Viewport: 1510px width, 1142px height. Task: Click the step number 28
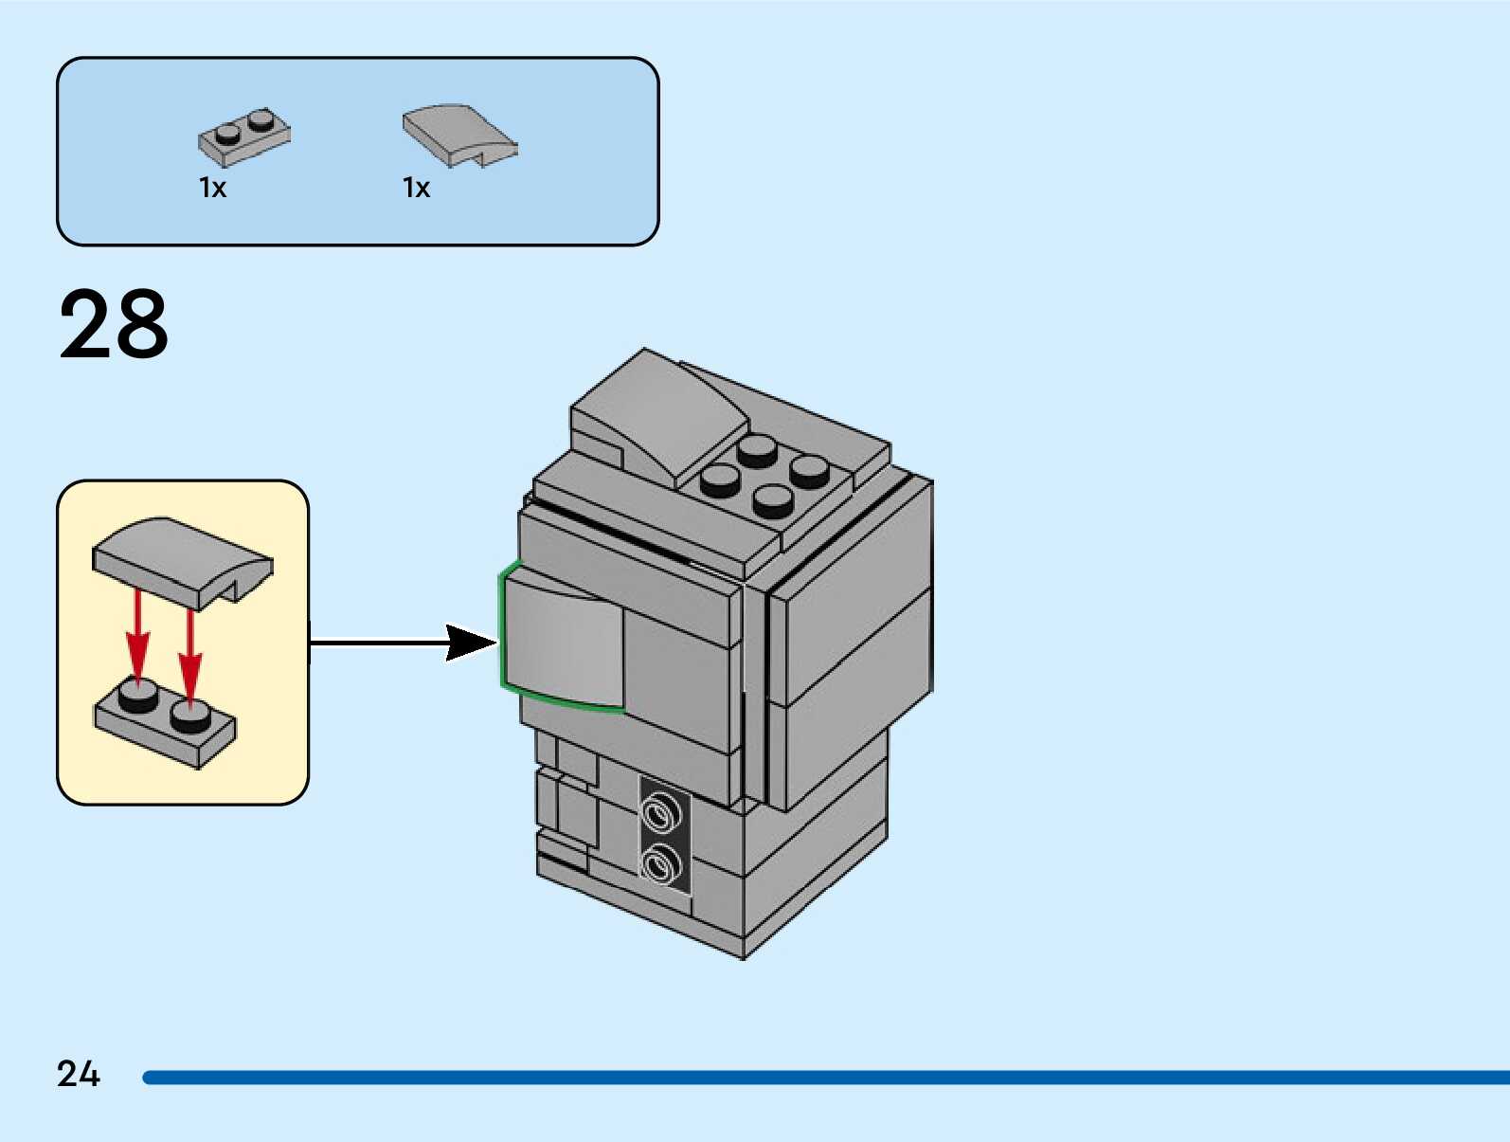tap(114, 324)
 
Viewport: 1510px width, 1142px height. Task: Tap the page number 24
tap(78, 1074)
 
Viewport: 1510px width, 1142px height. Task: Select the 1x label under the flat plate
tap(212, 188)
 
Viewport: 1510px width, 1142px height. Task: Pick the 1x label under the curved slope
tap(416, 188)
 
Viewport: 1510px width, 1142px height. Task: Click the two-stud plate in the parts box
tap(243, 137)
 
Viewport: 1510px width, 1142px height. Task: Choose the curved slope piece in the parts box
tap(458, 134)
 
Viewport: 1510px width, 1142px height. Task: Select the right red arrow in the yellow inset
tap(190, 654)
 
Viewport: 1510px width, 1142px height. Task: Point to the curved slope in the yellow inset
tap(180, 559)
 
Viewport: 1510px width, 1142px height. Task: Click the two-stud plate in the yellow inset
tap(166, 725)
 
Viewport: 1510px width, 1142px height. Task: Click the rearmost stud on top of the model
tap(758, 450)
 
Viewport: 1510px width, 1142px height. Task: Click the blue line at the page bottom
tap(824, 1078)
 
